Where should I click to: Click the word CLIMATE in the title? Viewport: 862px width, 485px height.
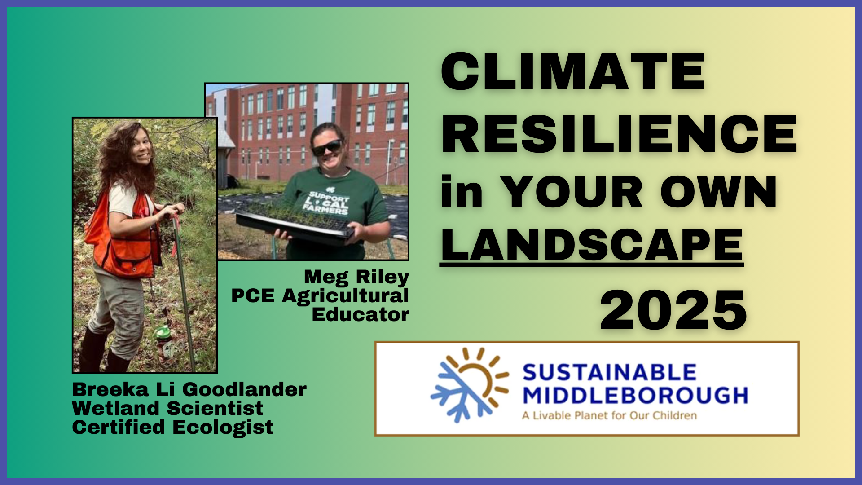click(573, 72)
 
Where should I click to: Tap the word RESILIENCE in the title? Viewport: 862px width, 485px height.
click(619, 134)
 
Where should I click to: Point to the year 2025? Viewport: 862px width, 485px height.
click(673, 310)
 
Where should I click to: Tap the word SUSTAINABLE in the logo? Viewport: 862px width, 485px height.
click(609, 373)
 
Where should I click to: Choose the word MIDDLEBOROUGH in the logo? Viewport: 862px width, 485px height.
click(635, 396)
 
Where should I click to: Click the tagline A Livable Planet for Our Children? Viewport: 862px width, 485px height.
click(609, 415)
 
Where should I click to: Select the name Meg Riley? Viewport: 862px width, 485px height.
click(356, 278)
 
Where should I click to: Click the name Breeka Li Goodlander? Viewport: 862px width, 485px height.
click(189, 389)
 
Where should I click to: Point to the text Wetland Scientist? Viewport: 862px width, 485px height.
click(167, 408)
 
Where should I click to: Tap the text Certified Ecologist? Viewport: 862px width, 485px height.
click(172, 428)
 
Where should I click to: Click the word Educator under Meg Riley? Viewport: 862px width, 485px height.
click(361, 315)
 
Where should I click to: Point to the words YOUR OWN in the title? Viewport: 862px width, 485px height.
click(638, 192)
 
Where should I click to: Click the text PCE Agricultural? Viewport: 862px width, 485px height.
click(320, 296)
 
